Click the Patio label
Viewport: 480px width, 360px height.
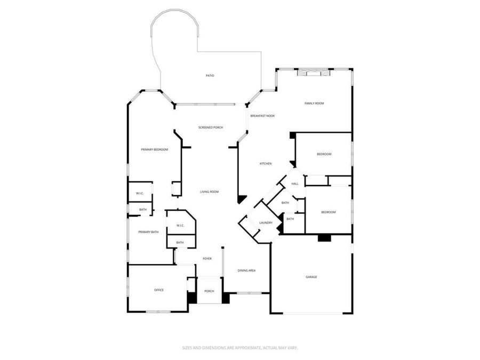point(210,76)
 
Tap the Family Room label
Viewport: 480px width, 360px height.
point(314,103)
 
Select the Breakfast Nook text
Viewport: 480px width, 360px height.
point(262,116)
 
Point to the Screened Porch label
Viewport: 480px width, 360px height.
point(211,127)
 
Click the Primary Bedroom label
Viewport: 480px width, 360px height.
point(154,150)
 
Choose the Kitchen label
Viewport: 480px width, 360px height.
point(266,164)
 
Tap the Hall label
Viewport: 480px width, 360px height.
point(294,184)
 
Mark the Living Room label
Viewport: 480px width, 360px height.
point(210,192)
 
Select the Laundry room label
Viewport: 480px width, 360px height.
point(266,223)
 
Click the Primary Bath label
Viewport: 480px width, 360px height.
point(148,232)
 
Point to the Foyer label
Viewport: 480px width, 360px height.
point(207,259)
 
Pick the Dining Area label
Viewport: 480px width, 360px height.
point(246,271)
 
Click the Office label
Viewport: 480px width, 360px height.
point(159,290)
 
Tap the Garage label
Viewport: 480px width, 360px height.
point(311,277)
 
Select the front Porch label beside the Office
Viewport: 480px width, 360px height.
point(209,291)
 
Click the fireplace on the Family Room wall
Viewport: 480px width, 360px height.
point(310,73)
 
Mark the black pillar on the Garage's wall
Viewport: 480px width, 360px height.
point(324,238)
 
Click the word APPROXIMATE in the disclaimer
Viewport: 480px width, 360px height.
point(244,347)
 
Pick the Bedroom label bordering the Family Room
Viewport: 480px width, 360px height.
point(324,154)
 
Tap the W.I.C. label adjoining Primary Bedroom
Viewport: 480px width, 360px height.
point(140,193)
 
